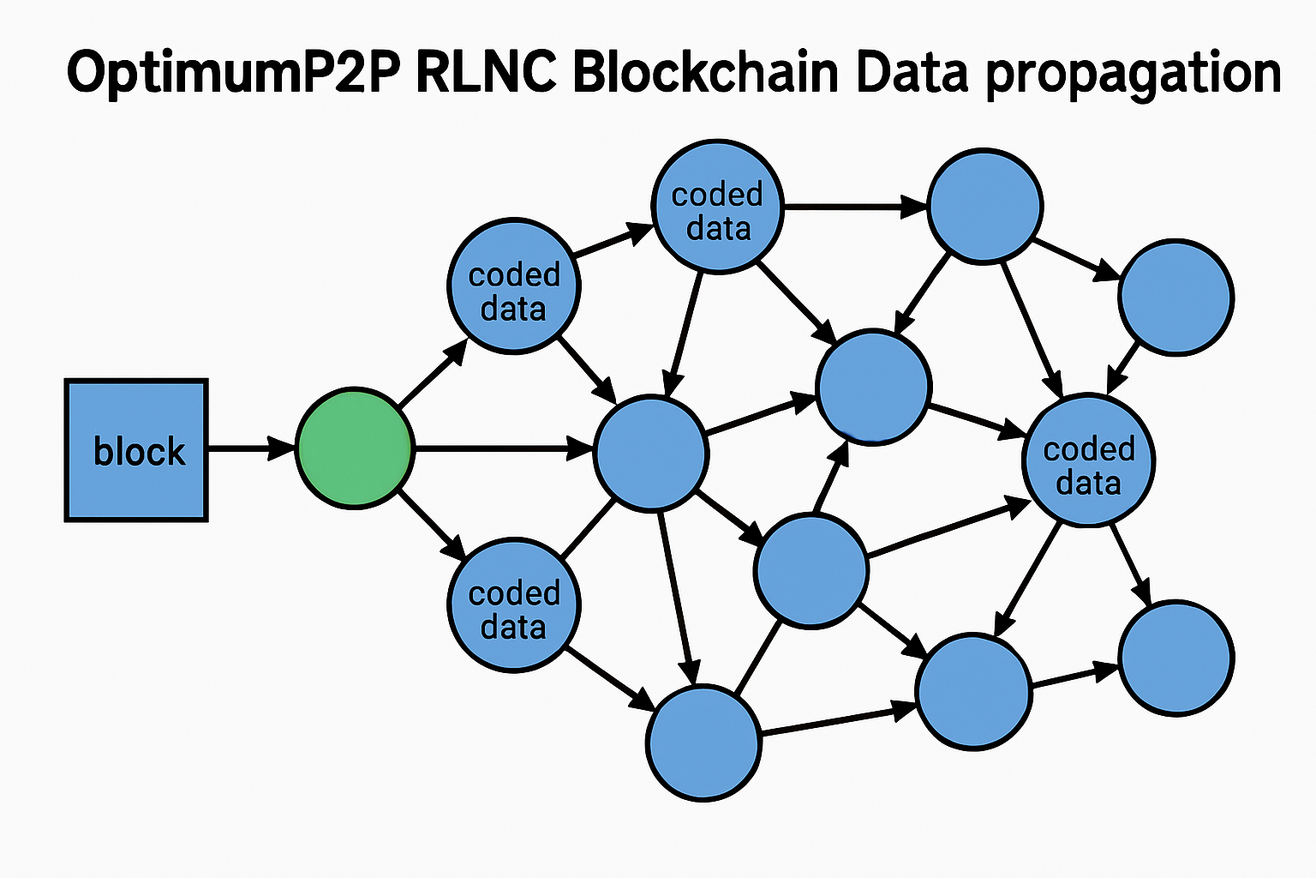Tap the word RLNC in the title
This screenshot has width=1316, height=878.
click(x=485, y=73)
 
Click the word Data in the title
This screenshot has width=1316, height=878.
click(x=912, y=73)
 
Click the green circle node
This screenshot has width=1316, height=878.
click(x=355, y=448)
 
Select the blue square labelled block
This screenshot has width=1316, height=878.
click(x=136, y=449)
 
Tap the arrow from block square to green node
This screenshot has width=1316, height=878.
click(x=251, y=448)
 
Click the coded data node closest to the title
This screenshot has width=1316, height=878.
click(x=718, y=207)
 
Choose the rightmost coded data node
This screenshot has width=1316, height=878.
click(x=1088, y=460)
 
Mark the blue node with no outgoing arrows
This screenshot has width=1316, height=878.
click(x=1175, y=658)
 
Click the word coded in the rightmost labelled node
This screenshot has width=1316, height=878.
click(x=1088, y=448)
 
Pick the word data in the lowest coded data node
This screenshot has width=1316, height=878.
click(x=513, y=627)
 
